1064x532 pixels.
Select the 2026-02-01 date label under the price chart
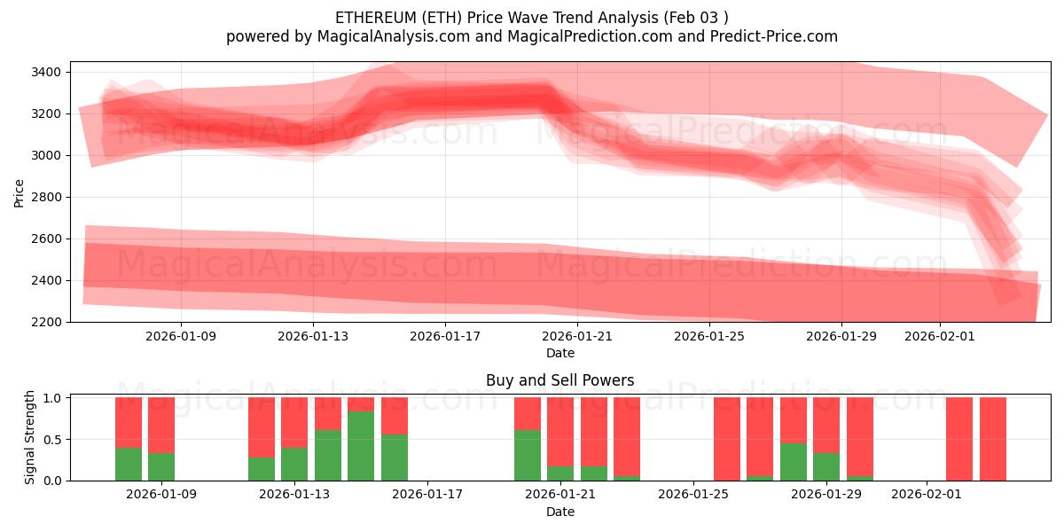tap(940, 337)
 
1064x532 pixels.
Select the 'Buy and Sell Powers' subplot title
tap(559, 380)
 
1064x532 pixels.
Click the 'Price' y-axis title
tap(20, 192)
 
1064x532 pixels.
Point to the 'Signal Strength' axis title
tap(31, 437)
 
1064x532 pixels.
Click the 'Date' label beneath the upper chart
tap(559, 353)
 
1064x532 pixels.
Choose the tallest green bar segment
tap(361, 446)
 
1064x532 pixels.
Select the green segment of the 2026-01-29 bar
tap(826, 466)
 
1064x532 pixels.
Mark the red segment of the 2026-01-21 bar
tap(560, 431)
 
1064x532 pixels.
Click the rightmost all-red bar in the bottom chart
tap(993, 439)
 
